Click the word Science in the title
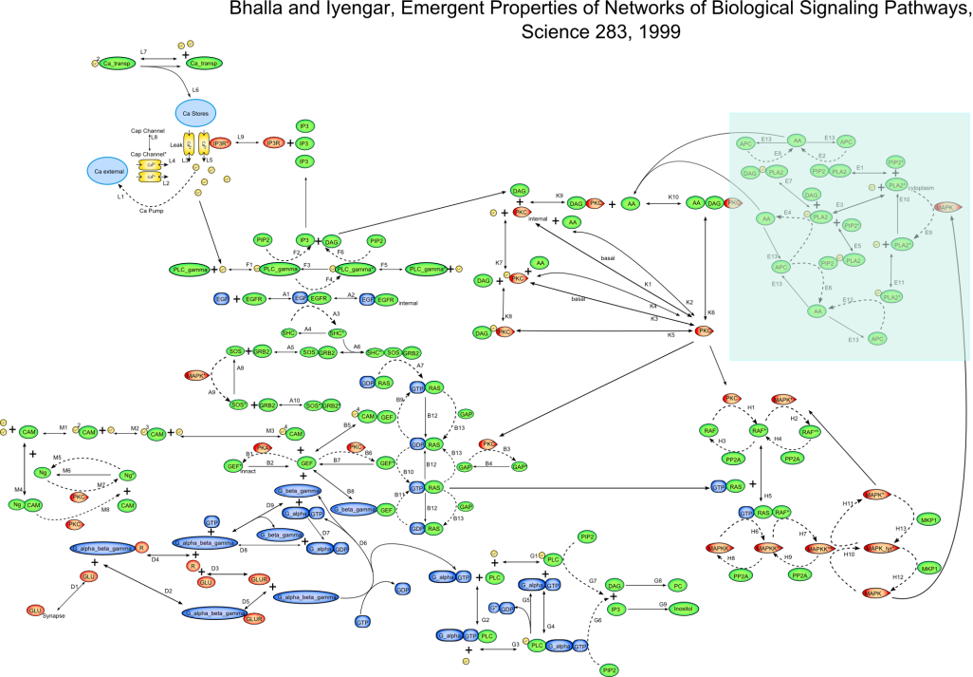(x=550, y=30)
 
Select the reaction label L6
(x=195, y=89)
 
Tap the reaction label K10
(x=673, y=197)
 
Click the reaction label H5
(x=768, y=497)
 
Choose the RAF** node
(x=809, y=431)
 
